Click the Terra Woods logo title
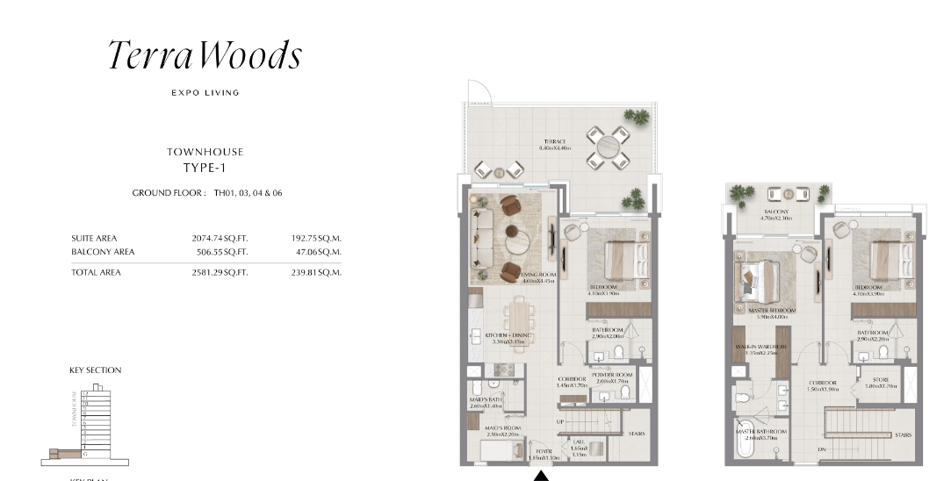205,55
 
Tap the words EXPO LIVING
205,92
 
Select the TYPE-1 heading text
205,167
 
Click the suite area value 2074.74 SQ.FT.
220,238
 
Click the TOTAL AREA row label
96,272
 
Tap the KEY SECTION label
95,370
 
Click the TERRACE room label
553,141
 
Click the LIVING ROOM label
538,275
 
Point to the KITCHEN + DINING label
509,335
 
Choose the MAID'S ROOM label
503,428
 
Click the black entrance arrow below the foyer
542,476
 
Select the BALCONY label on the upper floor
775,212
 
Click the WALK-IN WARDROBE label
761,347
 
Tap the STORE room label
881,380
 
